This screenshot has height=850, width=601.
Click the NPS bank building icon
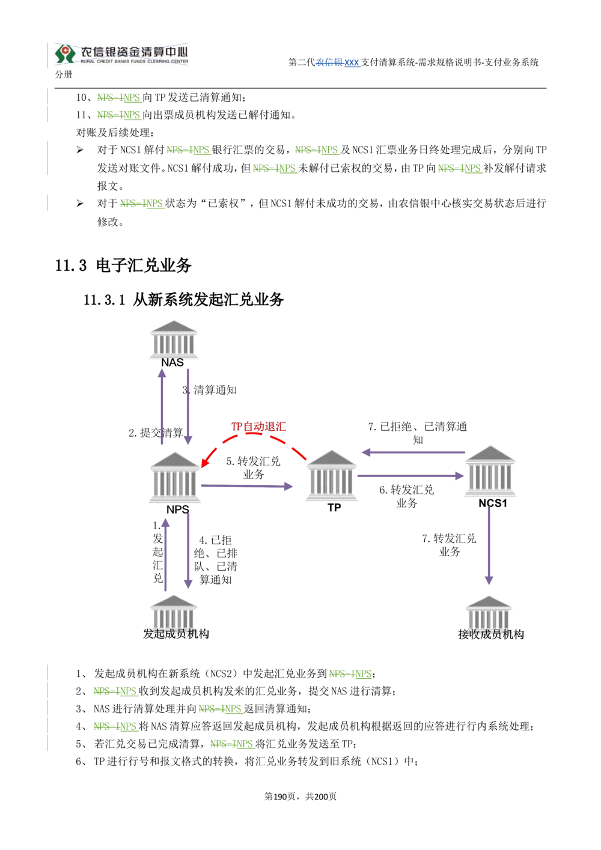(x=175, y=477)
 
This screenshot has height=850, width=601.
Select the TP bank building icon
(x=331, y=476)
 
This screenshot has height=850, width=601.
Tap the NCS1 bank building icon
(x=490, y=471)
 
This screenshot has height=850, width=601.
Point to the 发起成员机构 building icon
(x=174, y=612)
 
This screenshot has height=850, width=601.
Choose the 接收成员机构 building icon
(x=489, y=613)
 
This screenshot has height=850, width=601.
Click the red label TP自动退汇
(x=258, y=427)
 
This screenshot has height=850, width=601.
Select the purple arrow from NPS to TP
(x=247, y=486)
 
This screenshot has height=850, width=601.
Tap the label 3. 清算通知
(x=209, y=390)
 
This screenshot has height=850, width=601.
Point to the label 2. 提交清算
(x=156, y=433)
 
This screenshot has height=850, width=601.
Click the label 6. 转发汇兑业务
(x=407, y=496)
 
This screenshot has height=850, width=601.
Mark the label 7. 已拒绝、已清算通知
(x=417, y=433)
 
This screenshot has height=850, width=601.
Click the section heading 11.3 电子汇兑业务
(x=123, y=266)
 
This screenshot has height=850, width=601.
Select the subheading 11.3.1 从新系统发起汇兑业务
(x=184, y=299)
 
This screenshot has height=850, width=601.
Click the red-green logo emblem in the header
(x=65, y=53)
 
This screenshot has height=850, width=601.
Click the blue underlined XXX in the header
(x=352, y=62)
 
